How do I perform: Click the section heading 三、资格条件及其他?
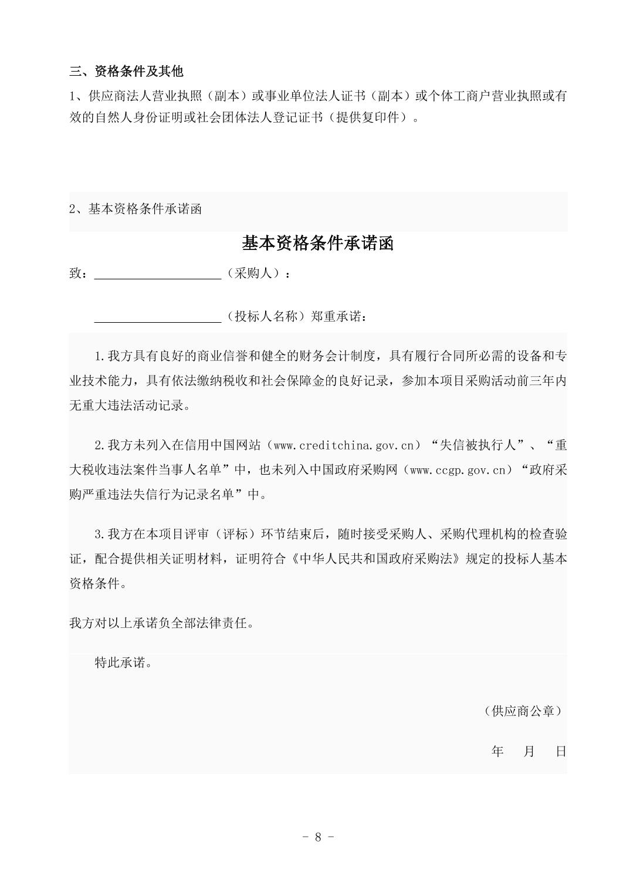(x=126, y=72)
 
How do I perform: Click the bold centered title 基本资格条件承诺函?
(x=317, y=243)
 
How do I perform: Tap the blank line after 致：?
(x=157, y=273)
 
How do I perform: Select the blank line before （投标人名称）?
(x=157, y=317)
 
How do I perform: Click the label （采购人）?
(x=253, y=273)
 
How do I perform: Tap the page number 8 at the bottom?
(x=318, y=837)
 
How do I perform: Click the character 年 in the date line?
(x=497, y=751)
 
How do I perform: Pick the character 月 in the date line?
(x=529, y=751)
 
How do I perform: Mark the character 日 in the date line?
(x=561, y=751)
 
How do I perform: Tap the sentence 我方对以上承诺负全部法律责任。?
(x=162, y=623)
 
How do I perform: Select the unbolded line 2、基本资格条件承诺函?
(x=136, y=209)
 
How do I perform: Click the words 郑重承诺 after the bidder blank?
(x=338, y=317)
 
